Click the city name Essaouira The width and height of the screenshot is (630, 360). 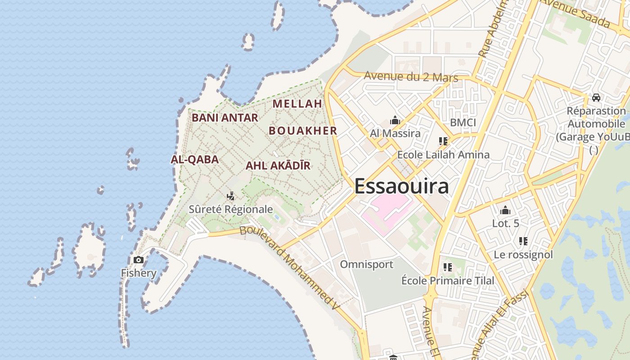click(401, 186)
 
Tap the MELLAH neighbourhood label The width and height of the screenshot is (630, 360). click(297, 103)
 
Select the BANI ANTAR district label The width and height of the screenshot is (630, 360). click(225, 118)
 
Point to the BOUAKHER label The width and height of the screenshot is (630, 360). click(303, 131)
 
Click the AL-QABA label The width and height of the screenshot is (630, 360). click(194, 159)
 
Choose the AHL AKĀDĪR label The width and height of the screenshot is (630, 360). click(278, 166)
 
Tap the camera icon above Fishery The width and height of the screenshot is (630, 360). click(139, 260)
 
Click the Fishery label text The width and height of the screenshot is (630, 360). click(139, 273)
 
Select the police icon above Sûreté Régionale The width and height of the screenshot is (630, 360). click(231, 196)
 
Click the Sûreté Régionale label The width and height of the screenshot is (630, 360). click(231, 209)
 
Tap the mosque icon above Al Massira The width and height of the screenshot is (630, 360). click(395, 120)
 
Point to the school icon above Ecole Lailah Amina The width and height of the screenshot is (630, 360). click(443, 141)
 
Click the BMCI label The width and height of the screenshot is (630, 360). click(463, 122)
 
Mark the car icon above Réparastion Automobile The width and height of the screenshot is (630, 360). click(596, 97)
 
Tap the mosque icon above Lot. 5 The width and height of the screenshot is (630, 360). click(505, 210)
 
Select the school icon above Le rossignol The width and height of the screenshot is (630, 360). click(523, 241)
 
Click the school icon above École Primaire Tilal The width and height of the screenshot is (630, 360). click(447, 267)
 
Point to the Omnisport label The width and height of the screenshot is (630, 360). click(366, 265)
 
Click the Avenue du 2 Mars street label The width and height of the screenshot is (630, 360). click(411, 77)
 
